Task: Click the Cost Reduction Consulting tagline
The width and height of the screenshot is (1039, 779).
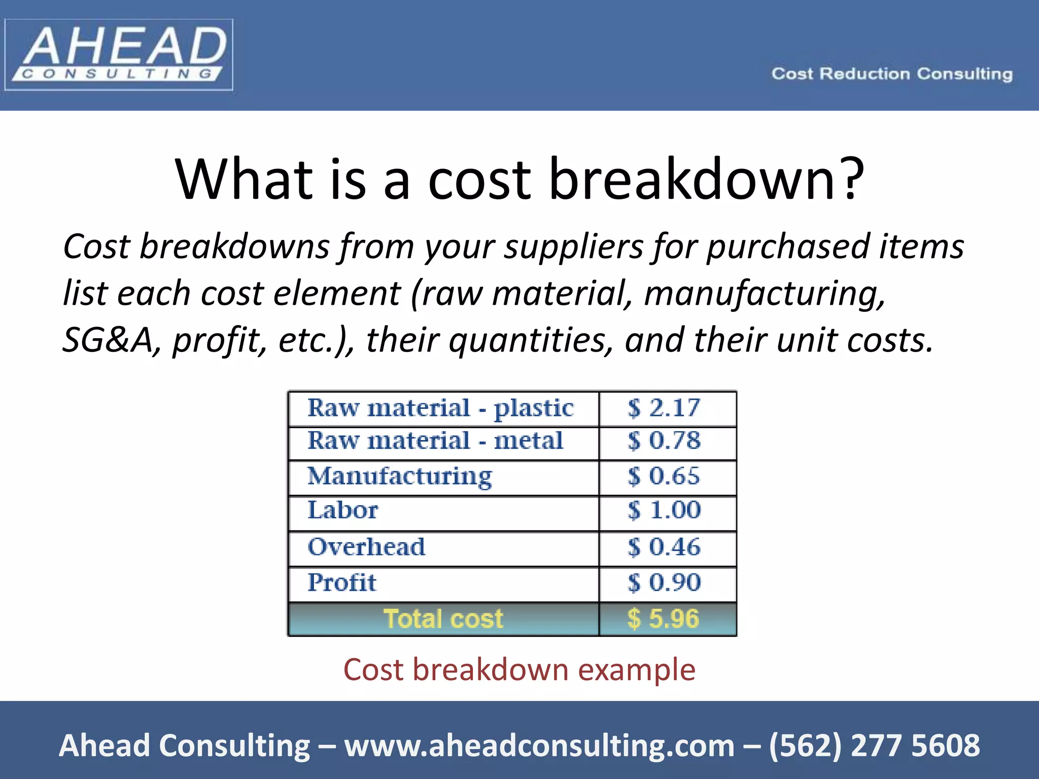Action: tap(892, 74)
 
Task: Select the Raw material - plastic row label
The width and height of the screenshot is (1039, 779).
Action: tap(440, 408)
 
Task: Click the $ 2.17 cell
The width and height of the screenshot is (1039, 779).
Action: tap(664, 408)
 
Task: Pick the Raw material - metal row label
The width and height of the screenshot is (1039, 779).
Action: tap(435, 441)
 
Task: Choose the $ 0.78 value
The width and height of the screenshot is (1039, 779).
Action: tap(664, 441)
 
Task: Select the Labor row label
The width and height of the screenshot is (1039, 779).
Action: tap(343, 510)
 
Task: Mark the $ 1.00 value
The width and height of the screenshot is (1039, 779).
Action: tap(664, 510)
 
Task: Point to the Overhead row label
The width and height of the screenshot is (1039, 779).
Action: tap(366, 547)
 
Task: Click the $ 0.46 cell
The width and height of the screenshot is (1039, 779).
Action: tap(664, 547)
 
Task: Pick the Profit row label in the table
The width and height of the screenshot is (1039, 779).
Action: tap(342, 583)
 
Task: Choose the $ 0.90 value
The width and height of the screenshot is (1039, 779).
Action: tap(664, 583)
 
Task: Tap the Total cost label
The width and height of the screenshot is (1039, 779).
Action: tap(443, 619)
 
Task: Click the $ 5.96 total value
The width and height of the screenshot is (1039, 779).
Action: tap(663, 619)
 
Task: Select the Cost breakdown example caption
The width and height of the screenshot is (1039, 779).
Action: tap(519, 670)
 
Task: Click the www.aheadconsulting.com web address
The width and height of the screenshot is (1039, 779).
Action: tap(539, 746)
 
